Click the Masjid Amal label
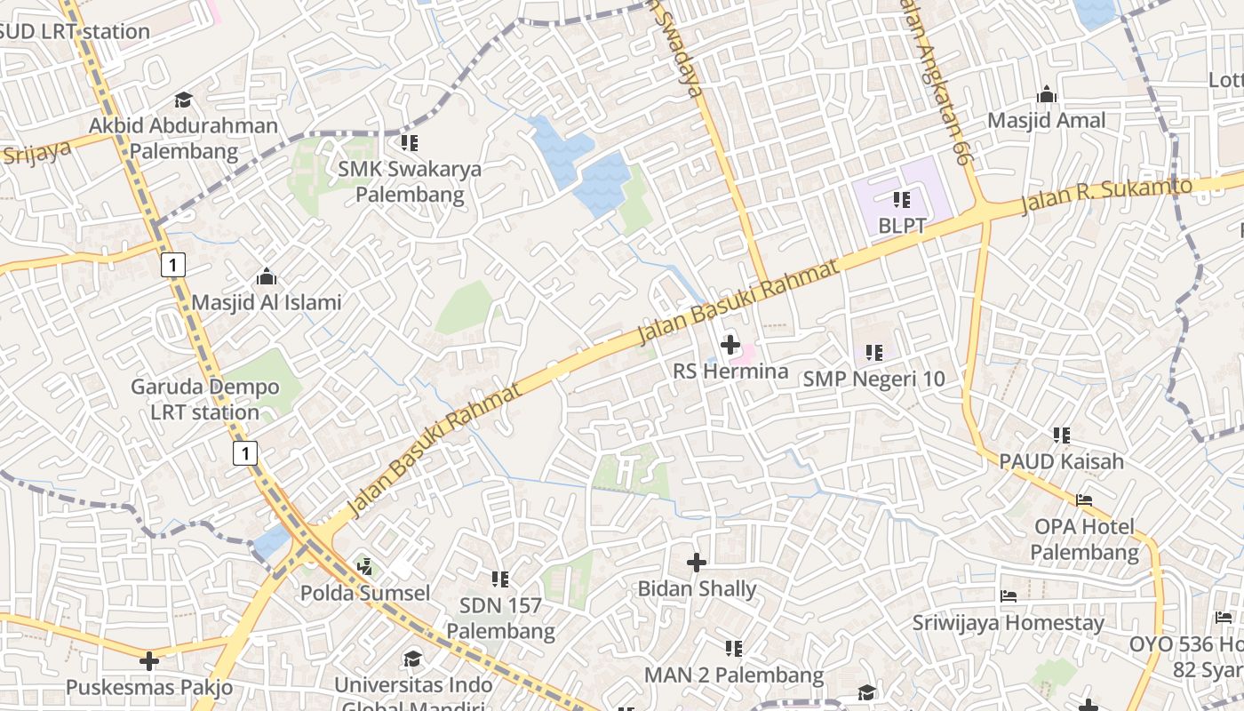(x=1047, y=120)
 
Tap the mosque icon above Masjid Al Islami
(x=266, y=276)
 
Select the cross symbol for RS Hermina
(x=730, y=345)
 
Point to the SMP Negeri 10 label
(x=873, y=379)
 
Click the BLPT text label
(x=902, y=226)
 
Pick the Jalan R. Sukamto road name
(x=1105, y=195)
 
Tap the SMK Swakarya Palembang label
(x=410, y=181)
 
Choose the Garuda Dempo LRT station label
(x=204, y=399)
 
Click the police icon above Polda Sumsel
(x=364, y=566)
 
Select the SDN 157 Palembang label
(x=500, y=618)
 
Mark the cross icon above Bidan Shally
(x=697, y=563)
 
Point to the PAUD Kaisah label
(x=1061, y=461)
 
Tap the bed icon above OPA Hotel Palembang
(x=1084, y=500)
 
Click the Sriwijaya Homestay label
(x=1008, y=623)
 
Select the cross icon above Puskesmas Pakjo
(x=149, y=661)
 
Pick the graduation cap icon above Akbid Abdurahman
(x=183, y=100)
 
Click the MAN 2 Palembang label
(x=734, y=675)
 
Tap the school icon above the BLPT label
(x=902, y=200)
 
